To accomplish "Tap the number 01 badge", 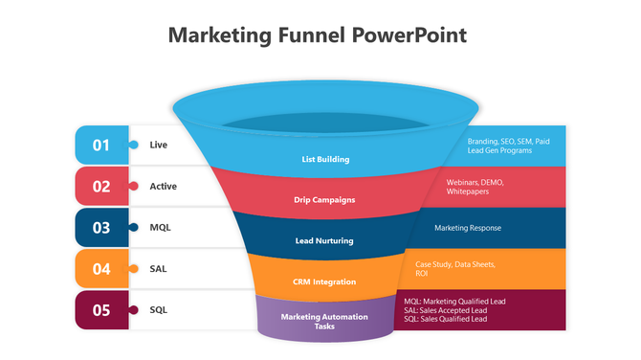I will point(101,145).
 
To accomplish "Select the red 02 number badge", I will point(101,187).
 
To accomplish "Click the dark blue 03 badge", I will point(101,228).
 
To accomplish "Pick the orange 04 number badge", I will point(101,269).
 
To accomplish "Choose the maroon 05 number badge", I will point(101,310).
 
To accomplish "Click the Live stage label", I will point(158,145).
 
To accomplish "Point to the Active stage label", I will point(163,186).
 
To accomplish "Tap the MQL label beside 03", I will point(160,228).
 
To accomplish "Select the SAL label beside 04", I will point(159,269).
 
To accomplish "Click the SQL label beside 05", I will point(159,310).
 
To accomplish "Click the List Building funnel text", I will point(325,159).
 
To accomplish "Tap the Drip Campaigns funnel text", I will point(324,200).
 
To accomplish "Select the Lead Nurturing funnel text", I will point(324,241).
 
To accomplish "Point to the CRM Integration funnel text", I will point(324,281).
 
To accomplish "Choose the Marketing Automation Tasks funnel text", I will point(324,321).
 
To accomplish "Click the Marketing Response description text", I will point(468,228).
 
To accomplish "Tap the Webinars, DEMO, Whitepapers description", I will point(475,187).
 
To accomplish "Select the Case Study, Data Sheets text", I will point(454,264).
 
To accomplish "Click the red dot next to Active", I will point(132,186).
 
